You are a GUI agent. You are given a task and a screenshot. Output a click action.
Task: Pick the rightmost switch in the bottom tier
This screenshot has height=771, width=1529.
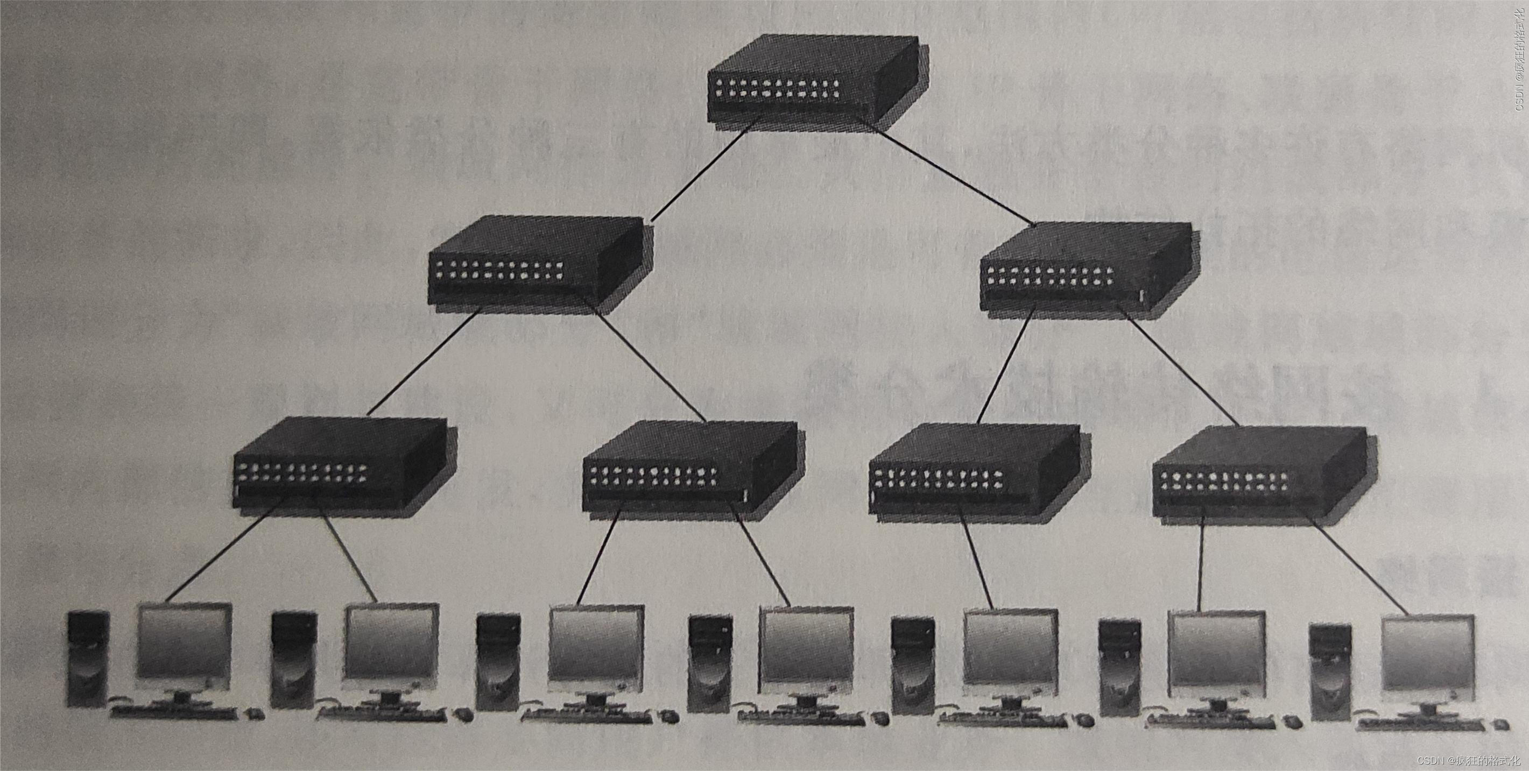point(1258,475)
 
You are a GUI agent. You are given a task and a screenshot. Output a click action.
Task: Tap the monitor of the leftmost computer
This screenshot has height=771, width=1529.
point(184,644)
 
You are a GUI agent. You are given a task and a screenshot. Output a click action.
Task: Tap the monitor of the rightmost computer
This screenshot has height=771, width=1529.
point(1427,659)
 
